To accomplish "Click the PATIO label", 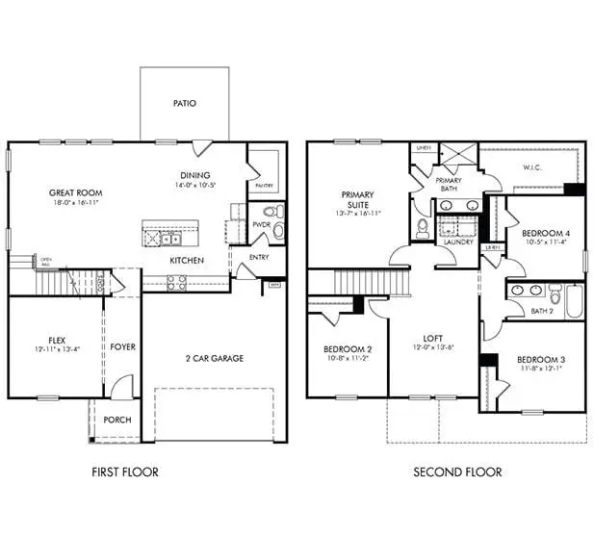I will (x=185, y=103).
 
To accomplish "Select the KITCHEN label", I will (x=187, y=261).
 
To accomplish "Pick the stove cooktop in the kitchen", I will (x=177, y=282).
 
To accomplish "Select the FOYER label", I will (x=122, y=346).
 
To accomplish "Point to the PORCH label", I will (x=117, y=420).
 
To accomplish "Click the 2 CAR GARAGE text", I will (x=214, y=358).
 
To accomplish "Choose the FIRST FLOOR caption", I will (x=125, y=472).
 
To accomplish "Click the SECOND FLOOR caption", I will (x=457, y=472).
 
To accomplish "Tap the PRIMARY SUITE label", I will (x=358, y=199).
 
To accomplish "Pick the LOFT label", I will (x=432, y=339).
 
